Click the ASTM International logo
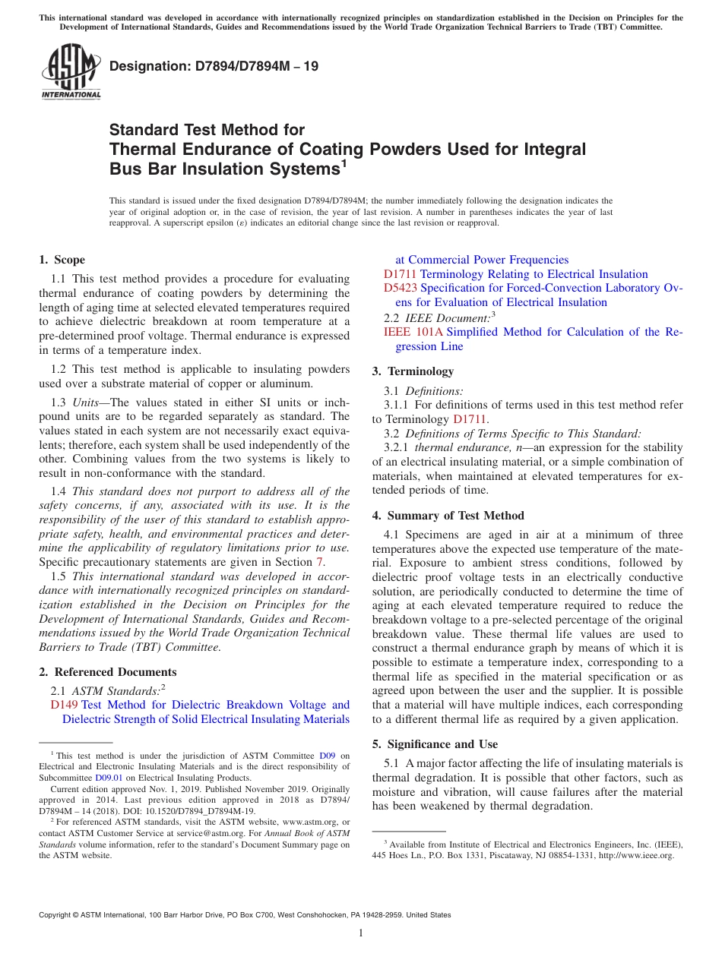pos(71,71)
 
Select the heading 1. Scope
pos(62,260)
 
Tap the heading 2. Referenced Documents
pos(108,672)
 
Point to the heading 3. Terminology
pos(413,371)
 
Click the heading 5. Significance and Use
pos(435,744)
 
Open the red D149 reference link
pos(64,706)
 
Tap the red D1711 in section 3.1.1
pos(469,419)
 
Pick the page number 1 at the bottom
pos(361,933)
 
